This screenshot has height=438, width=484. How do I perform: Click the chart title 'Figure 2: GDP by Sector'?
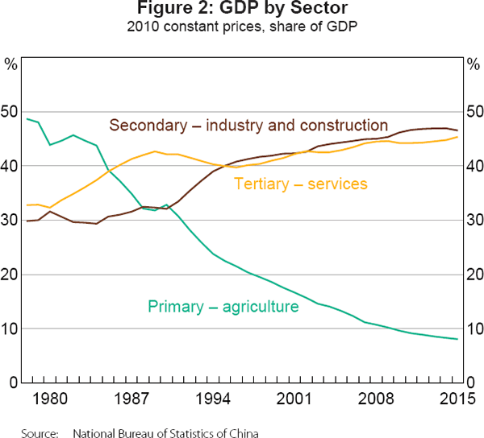tap(241, 10)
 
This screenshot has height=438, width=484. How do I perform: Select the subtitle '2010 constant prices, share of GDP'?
tap(241, 27)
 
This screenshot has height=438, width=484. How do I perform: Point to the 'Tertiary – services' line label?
tap(300, 184)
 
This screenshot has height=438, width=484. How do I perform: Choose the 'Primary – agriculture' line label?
tap(223, 307)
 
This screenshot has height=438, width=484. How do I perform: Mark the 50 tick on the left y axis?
tap(12, 112)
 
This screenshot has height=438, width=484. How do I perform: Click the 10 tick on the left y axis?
tap(12, 329)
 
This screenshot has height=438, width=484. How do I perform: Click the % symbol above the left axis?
tap(12, 63)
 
